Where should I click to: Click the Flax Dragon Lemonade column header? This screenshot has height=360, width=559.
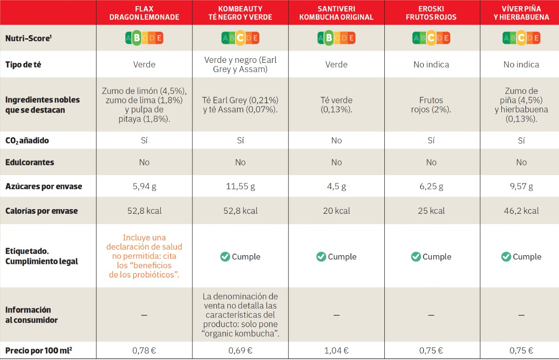144,13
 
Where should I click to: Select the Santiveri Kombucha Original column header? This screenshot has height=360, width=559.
336,13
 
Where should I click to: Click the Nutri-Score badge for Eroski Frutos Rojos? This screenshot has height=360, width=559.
431,38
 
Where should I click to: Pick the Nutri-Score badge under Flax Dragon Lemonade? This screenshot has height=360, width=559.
144,38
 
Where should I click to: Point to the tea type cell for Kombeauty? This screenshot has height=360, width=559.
240,64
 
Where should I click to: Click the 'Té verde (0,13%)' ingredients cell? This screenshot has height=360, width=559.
336,105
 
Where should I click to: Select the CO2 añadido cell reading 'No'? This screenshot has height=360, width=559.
336,141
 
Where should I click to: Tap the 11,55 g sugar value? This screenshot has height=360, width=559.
240,186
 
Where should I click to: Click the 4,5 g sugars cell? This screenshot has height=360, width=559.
336,186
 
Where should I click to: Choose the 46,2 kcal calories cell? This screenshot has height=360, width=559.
521,211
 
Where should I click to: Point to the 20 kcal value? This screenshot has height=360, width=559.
336,211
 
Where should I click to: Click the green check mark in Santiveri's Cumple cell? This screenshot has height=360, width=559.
321,257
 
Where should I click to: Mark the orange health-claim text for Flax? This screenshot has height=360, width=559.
144,256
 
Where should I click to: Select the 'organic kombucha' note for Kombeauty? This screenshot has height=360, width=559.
240,315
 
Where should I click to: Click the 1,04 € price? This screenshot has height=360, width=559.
336,351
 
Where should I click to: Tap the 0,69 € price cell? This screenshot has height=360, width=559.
240,351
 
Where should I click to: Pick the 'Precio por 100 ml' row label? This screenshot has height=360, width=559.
39,351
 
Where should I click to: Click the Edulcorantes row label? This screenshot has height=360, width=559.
30,163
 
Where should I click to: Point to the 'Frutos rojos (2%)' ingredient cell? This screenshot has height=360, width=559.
431,105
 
